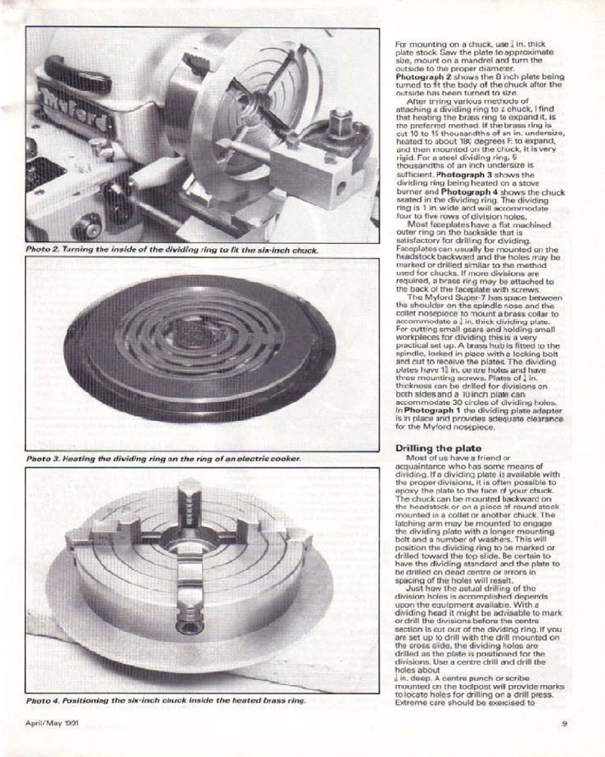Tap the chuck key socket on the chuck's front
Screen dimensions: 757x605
[184, 625]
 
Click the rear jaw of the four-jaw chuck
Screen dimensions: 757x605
[189, 496]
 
